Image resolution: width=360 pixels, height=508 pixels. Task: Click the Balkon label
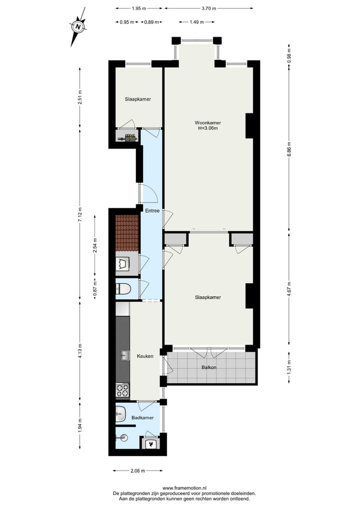point(208,367)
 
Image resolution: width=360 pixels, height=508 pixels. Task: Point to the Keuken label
point(145,357)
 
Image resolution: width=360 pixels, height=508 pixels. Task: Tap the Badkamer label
point(142,417)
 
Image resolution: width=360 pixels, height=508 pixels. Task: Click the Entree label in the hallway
point(151,211)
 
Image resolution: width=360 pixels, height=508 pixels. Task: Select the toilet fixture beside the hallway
point(123,289)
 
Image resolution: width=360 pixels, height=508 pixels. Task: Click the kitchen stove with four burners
point(122,390)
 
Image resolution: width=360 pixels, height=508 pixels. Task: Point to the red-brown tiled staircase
point(127,233)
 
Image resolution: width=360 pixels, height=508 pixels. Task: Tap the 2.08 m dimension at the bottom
point(137,471)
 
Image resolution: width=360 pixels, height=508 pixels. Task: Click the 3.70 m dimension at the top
point(209,8)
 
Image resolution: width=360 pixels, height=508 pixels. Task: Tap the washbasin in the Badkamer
point(120,413)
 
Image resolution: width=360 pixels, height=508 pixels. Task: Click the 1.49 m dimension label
point(196,21)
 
